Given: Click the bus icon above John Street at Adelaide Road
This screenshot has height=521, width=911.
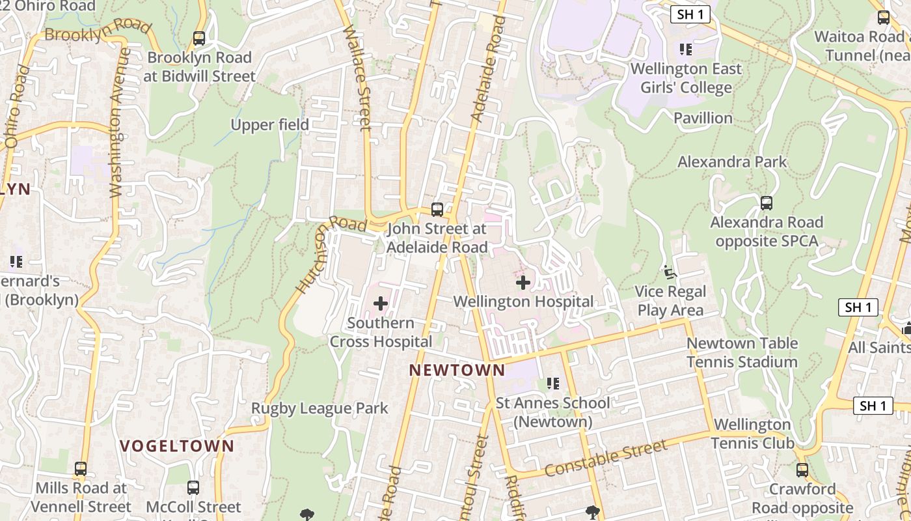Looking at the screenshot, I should coord(437,210).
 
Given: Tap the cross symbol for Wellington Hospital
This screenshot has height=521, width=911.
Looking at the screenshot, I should coord(523,283).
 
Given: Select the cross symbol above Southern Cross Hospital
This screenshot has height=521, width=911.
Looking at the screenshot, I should coord(381,303).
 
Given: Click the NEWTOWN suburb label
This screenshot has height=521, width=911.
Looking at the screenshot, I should coord(457,371).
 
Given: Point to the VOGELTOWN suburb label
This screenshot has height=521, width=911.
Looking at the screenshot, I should coord(177,446).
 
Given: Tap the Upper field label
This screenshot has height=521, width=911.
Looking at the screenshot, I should coord(270,124).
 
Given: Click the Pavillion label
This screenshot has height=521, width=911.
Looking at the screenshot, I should coord(703,118).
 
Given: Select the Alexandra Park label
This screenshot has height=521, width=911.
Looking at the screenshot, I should coord(732,162).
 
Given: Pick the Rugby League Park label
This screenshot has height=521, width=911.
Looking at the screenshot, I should coord(320,408).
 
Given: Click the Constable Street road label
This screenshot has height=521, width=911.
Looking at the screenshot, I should coord(606,457).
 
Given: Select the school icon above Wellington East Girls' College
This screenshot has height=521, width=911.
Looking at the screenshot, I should coord(685,49).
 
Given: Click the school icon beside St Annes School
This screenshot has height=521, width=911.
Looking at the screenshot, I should coord(553,383).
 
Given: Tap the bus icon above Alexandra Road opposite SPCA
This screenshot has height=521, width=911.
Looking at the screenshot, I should coord(767,203).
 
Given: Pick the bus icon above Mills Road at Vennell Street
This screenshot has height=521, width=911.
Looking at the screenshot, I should coord(81,468).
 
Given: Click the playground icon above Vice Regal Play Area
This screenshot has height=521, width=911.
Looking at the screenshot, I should coord(669,272).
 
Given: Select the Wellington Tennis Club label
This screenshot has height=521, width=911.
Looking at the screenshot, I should coord(752,434).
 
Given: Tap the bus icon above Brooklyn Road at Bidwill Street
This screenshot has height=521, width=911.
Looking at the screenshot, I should coord(199,38).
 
